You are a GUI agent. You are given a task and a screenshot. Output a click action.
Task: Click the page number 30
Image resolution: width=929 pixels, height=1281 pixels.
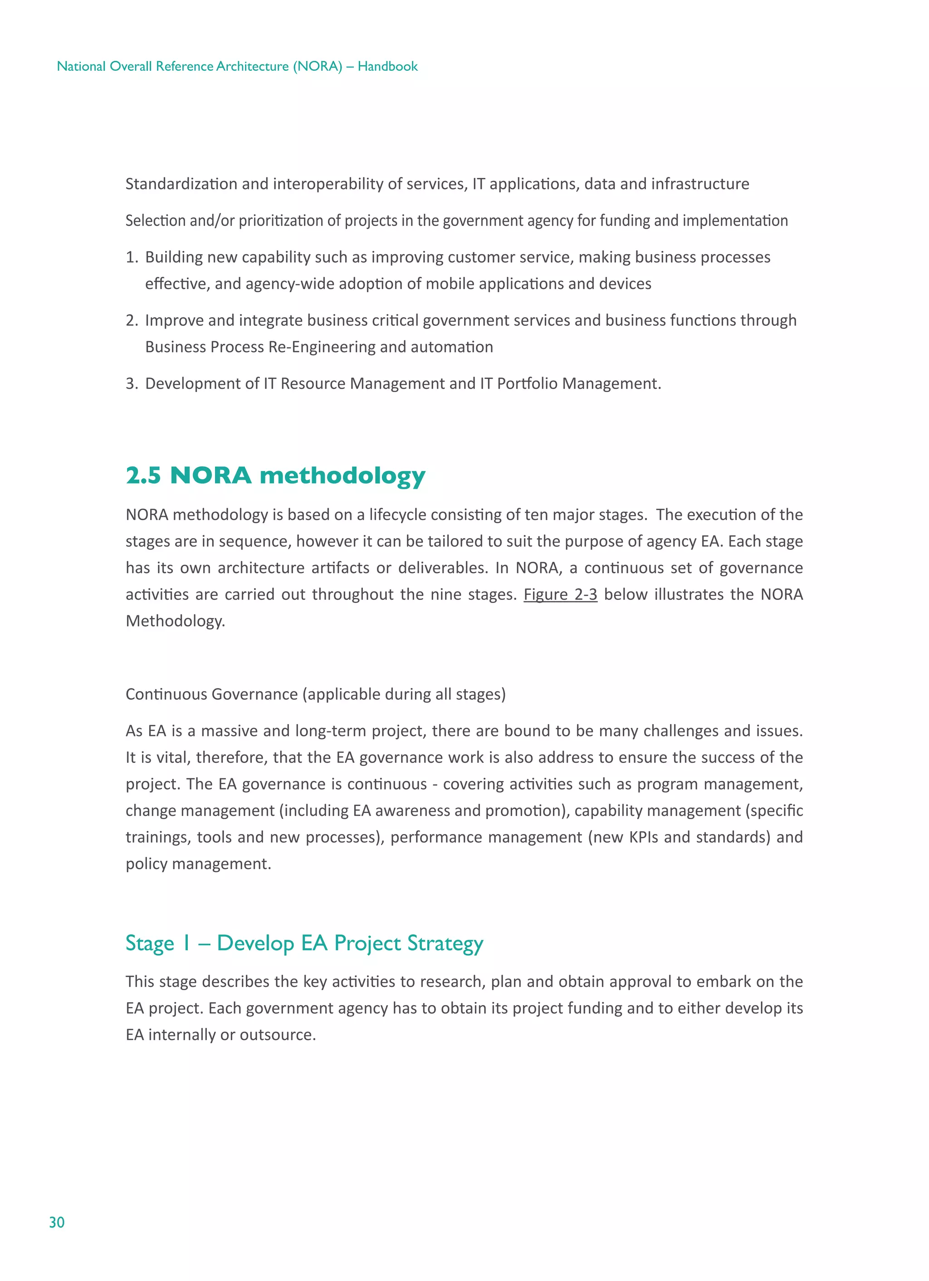tap(56, 1222)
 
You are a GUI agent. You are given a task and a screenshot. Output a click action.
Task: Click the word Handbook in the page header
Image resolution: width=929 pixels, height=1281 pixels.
tap(387, 66)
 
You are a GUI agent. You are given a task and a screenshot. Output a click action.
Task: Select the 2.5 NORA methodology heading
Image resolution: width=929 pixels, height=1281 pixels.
tap(275, 476)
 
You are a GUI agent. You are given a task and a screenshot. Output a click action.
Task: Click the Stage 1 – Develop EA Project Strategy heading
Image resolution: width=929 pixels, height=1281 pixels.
tap(304, 943)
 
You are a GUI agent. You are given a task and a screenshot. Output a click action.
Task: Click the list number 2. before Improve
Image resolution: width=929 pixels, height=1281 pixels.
tap(132, 320)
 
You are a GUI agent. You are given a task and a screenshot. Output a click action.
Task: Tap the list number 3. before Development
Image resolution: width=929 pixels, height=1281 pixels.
tap(132, 383)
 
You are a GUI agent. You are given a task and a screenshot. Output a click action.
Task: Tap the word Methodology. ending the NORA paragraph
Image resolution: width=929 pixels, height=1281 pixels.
tap(175, 621)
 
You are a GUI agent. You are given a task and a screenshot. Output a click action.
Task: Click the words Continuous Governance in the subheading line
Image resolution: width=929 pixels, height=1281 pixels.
tap(211, 694)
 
